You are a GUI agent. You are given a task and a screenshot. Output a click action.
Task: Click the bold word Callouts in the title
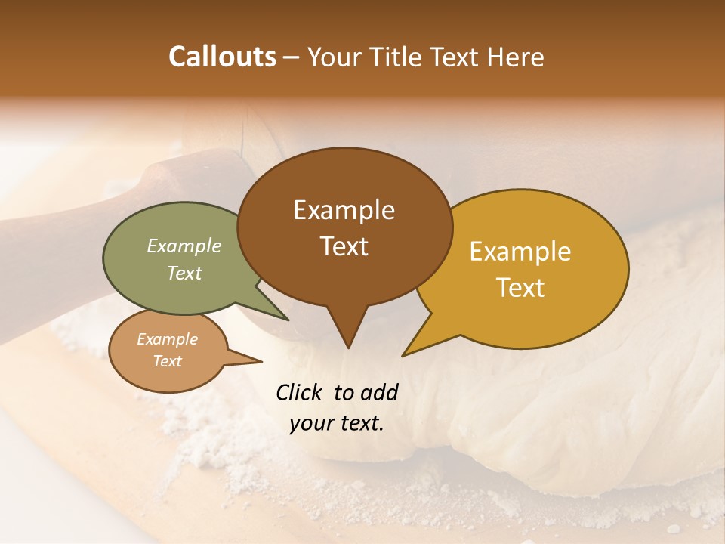coord(222,57)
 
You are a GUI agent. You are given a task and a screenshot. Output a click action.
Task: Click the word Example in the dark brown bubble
coord(344,210)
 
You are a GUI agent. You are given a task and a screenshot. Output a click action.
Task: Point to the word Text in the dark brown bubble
coord(344,246)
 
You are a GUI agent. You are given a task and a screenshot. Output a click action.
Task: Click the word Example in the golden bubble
coord(520,252)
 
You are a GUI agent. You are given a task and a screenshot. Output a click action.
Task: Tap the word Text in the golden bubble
coord(520,288)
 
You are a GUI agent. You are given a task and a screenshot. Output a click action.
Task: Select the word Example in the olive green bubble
coord(184,246)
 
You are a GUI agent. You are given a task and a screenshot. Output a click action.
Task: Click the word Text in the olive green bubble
coord(184,273)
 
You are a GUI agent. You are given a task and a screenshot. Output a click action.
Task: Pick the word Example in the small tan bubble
coord(167,339)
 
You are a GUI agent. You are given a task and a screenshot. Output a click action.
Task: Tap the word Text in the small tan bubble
coord(167,361)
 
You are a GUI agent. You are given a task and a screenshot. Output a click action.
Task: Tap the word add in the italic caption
coord(378,392)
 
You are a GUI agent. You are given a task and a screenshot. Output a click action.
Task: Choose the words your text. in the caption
coord(336,424)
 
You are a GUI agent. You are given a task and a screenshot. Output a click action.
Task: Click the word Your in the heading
coord(335,57)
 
